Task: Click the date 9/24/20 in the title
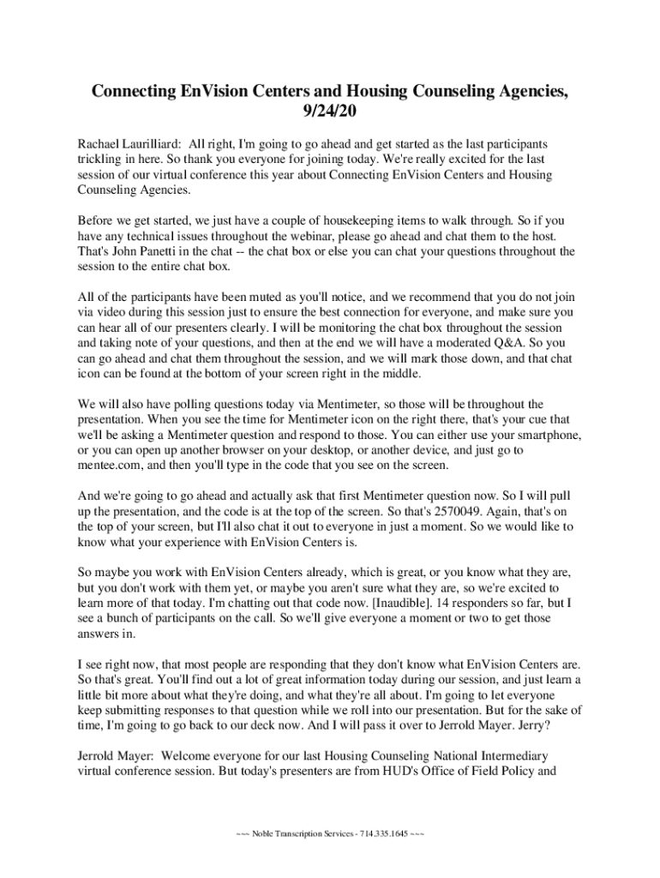[330, 111]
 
